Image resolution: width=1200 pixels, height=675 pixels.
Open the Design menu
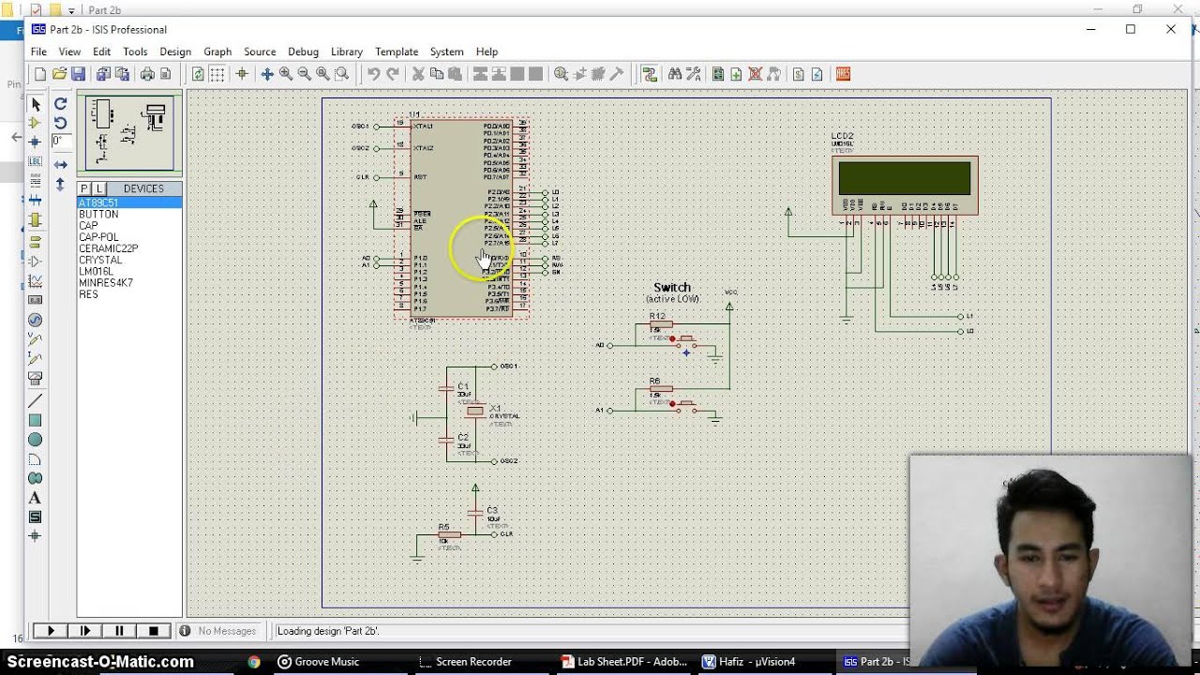(x=174, y=52)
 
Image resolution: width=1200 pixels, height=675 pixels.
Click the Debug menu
(x=303, y=52)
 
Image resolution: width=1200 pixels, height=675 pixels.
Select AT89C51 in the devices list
(x=98, y=202)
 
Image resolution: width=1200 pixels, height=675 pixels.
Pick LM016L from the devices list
(x=96, y=271)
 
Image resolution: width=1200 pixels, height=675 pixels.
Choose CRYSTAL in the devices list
(x=100, y=260)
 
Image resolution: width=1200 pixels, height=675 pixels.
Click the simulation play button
(x=51, y=631)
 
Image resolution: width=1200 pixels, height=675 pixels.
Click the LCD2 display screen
(x=904, y=178)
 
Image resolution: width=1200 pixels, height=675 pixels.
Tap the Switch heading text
(x=671, y=288)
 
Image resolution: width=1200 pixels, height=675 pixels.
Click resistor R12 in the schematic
(x=660, y=324)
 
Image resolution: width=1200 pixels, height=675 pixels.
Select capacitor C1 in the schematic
(x=447, y=387)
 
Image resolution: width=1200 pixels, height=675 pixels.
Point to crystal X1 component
(x=475, y=411)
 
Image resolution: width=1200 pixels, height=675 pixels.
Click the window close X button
(x=1170, y=29)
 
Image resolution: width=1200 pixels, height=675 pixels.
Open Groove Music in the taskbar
(x=318, y=662)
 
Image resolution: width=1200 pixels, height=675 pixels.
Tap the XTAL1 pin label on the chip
(x=423, y=126)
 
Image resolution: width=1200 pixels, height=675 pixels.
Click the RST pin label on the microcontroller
(x=420, y=177)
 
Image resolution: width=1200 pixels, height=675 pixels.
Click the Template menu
(x=396, y=52)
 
